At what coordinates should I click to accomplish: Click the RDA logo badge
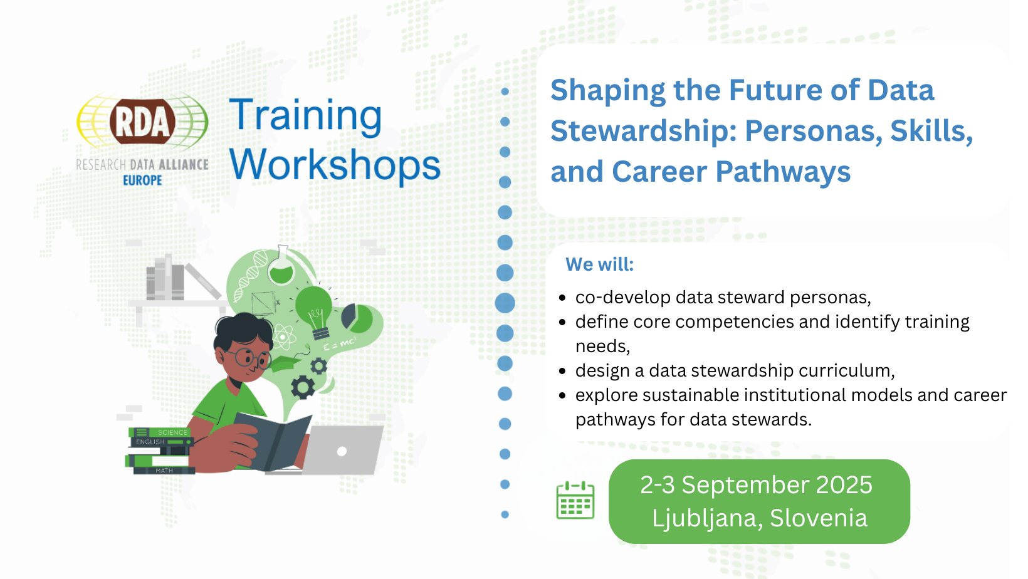click(x=142, y=122)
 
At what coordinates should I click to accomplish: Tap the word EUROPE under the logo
click(x=142, y=180)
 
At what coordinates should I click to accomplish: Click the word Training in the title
click(x=305, y=116)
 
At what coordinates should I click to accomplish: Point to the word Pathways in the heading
click(x=783, y=172)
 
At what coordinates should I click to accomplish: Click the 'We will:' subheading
click(x=599, y=264)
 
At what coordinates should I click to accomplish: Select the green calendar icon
click(x=575, y=500)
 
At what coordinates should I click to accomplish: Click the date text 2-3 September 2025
click(x=756, y=485)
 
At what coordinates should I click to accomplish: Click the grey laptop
click(x=343, y=451)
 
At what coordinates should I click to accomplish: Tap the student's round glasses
click(x=248, y=358)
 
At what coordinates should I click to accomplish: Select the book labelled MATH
click(x=164, y=470)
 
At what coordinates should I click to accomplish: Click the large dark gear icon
click(x=303, y=387)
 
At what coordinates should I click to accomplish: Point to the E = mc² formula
click(x=340, y=344)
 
